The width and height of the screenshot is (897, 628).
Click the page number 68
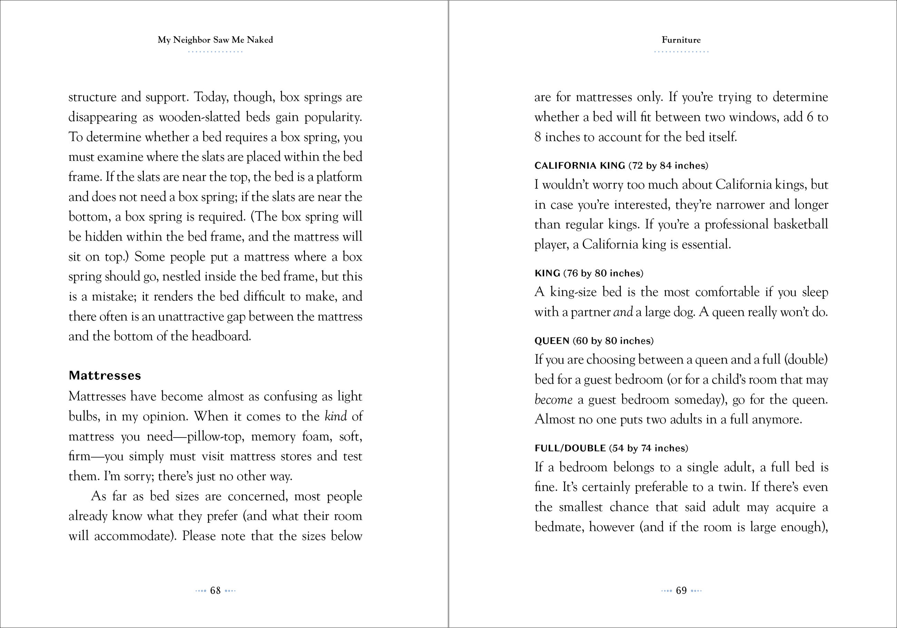(x=215, y=590)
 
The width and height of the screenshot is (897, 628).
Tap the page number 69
(x=681, y=590)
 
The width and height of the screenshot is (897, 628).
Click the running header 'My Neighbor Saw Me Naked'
(x=215, y=40)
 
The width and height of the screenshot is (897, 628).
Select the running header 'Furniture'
(x=681, y=40)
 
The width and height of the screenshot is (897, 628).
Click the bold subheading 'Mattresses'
(x=105, y=375)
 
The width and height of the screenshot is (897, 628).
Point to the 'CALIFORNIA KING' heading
(x=580, y=166)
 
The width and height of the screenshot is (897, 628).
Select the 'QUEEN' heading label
(x=552, y=341)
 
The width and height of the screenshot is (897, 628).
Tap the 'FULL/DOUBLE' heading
(x=570, y=448)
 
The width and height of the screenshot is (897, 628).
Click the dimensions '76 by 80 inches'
(x=603, y=273)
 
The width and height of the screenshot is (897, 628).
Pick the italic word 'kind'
(x=336, y=416)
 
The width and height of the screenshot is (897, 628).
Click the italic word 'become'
(x=553, y=400)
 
